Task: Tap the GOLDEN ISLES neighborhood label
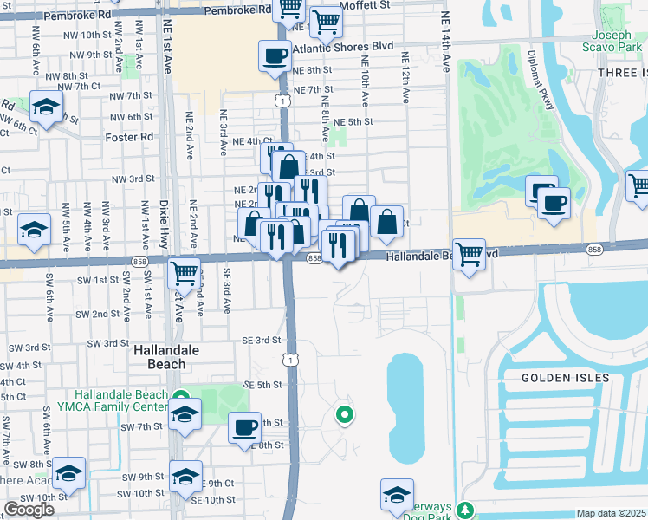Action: click(x=565, y=378)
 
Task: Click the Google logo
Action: click(x=29, y=510)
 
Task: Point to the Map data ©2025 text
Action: click(x=611, y=513)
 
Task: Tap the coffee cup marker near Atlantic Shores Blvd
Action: click(x=275, y=57)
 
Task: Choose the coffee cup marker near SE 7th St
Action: click(x=244, y=427)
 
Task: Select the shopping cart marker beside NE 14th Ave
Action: click(x=469, y=256)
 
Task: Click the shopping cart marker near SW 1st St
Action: click(x=185, y=274)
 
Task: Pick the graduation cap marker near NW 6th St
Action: click(x=45, y=107)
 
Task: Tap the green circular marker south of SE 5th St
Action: click(x=345, y=416)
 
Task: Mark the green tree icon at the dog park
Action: click(x=466, y=510)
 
